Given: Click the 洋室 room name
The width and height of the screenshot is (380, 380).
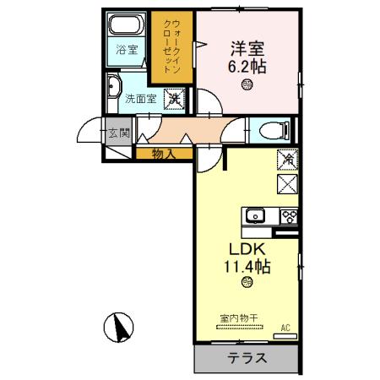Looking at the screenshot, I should [x=247, y=47].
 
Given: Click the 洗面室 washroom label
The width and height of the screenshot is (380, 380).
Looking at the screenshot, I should [x=141, y=98].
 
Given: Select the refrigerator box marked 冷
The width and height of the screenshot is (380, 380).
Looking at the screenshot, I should [x=286, y=157].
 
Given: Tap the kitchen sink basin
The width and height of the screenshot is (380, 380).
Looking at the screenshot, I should [x=256, y=215].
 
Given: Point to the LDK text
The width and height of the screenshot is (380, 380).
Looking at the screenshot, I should [x=247, y=249].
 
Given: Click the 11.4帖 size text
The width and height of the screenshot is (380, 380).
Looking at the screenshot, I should [x=247, y=267].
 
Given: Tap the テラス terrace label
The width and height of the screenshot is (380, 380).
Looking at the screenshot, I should [x=247, y=358].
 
